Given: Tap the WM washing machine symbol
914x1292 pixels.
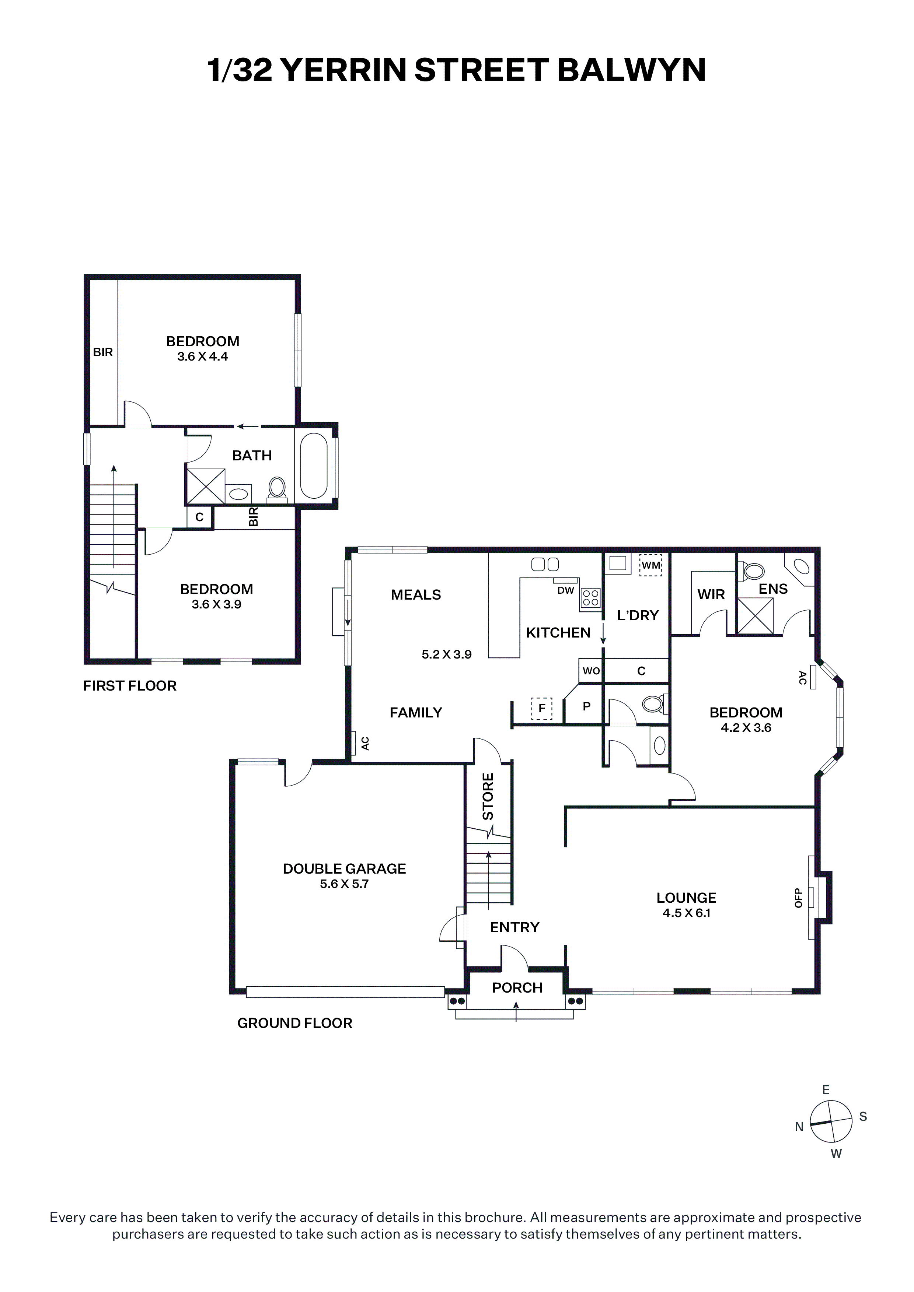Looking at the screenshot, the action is coord(650,565).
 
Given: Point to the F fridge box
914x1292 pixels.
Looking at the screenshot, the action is coord(542,709).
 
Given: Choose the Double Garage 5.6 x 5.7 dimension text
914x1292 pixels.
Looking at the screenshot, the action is coord(344,884).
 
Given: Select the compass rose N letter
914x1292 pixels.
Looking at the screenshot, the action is coord(799,1127).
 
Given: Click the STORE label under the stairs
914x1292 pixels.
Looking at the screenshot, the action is coord(488,796).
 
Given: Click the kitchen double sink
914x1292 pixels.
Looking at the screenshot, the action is coord(545,564).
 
